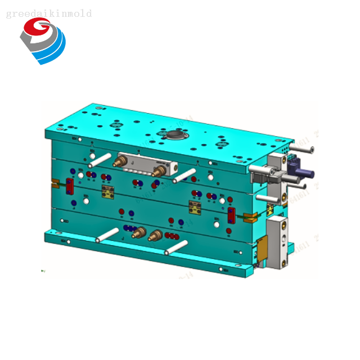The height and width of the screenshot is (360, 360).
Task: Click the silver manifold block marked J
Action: click(147, 165)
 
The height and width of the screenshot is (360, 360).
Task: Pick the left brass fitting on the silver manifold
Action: click(120, 162)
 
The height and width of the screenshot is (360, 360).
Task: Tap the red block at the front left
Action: click(70, 186)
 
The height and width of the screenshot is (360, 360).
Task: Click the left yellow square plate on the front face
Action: click(108, 193)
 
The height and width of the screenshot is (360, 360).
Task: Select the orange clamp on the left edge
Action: click(55, 183)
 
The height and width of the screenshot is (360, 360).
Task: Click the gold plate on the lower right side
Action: click(260, 248)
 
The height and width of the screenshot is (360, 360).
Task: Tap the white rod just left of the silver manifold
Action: click(100, 159)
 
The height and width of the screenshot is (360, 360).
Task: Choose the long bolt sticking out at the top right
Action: click(301, 150)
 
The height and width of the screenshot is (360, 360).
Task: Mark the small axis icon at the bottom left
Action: click(43, 272)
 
